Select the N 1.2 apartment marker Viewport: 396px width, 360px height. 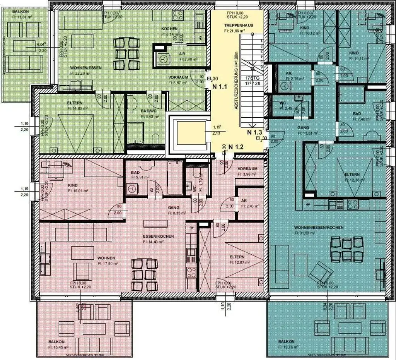tap(236, 147)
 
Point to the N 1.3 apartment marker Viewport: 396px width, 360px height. tap(255, 132)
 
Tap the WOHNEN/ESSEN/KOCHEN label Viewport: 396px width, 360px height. tap(313, 228)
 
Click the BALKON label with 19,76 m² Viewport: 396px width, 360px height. tap(286, 342)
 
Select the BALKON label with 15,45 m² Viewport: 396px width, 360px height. tap(56, 342)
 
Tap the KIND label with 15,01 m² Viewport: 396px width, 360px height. tap(73, 185)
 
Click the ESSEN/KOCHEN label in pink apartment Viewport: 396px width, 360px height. tap(159, 236)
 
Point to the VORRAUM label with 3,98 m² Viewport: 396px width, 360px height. tap(247, 169)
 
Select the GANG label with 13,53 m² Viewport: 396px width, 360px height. tap(303, 127)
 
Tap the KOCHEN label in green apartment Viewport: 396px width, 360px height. tap(169, 29)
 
